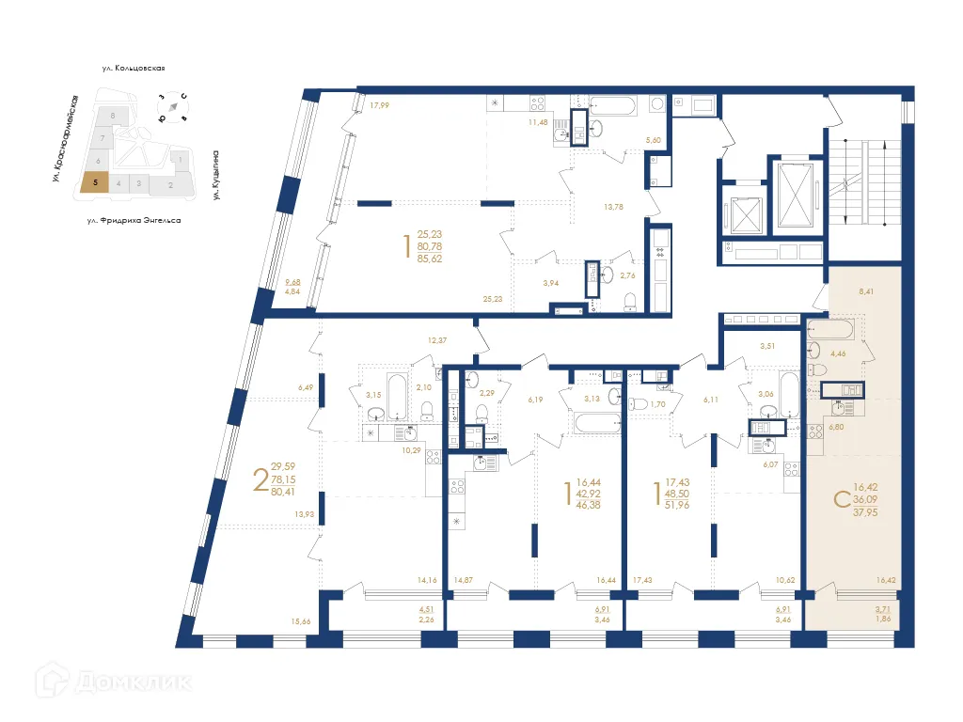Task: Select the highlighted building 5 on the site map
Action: pos(94,184)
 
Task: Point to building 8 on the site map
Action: pos(113,116)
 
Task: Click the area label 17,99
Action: pos(379,105)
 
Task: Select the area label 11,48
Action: pos(537,121)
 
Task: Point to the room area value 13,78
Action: pos(613,206)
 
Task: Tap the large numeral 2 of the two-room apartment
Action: pos(259,479)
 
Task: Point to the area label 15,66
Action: pos(301,621)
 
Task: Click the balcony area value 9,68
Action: pos(292,281)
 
